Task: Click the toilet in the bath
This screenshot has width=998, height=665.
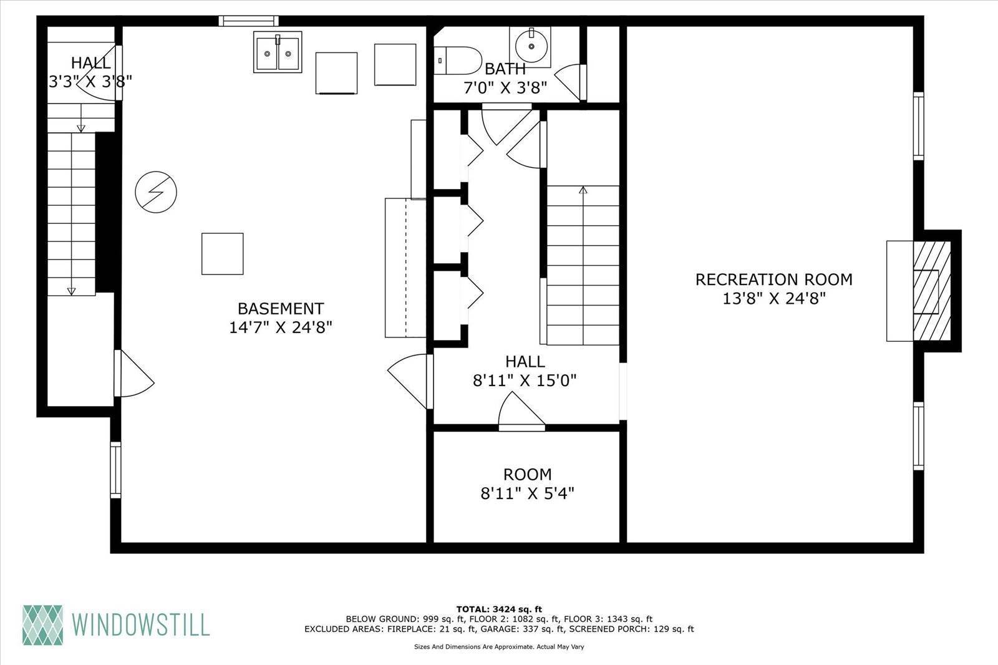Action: click(458, 60)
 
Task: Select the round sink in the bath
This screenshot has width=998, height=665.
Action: click(531, 46)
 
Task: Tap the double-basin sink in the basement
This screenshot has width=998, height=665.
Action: click(278, 52)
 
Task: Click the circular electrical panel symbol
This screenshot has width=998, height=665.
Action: click(156, 192)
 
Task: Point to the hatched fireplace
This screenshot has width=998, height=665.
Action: click(932, 291)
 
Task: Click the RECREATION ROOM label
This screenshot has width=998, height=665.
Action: click(774, 279)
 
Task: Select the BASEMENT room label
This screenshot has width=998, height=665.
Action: click(281, 308)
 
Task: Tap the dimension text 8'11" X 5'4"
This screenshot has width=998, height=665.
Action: click(527, 493)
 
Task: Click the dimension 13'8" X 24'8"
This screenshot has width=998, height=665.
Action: click(774, 298)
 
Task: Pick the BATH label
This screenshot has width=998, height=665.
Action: click(505, 69)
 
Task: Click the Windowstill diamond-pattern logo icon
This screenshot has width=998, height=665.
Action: click(43, 624)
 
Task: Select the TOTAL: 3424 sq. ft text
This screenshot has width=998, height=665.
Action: click(499, 609)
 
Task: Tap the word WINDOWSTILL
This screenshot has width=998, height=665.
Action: click(140, 624)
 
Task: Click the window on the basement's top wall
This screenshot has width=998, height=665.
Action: click(249, 21)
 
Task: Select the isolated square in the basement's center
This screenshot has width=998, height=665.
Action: click(222, 254)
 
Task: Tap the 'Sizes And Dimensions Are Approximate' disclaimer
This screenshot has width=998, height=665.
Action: click(499, 647)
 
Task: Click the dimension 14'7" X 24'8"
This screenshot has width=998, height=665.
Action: click(281, 328)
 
